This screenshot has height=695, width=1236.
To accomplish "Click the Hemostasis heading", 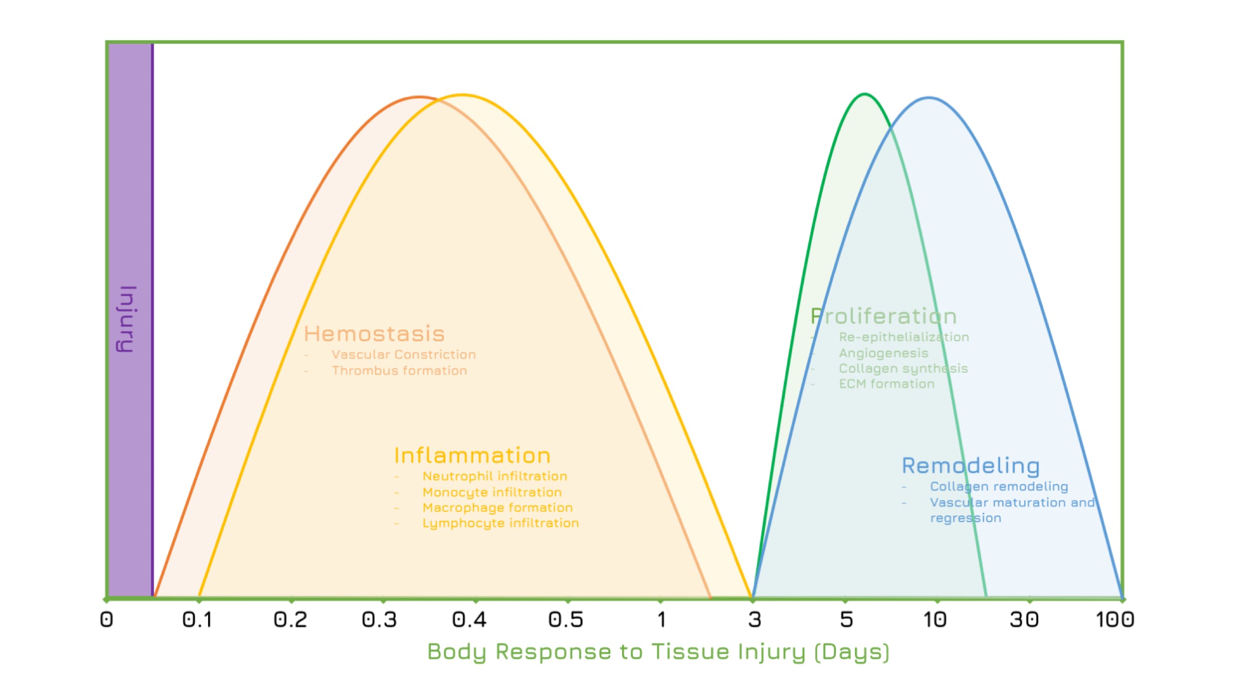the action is [x=374, y=334].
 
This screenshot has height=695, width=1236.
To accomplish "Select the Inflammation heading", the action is [x=472, y=456].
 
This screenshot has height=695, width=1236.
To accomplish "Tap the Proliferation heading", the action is [x=884, y=316].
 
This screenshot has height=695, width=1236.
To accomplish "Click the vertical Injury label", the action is [x=127, y=319].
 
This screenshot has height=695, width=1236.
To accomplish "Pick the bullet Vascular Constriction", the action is [x=404, y=355].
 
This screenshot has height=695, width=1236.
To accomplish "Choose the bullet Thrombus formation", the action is [x=400, y=371].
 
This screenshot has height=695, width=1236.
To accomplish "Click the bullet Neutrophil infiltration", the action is [x=495, y=477].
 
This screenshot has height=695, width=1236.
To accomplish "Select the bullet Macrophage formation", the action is [x=497, y=508].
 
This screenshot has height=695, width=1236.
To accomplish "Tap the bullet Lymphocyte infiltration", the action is [x=501, y=524].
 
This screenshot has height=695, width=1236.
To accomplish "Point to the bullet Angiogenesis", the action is [x=884, y=354].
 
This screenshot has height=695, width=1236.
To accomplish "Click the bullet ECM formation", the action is [x=887, y=384].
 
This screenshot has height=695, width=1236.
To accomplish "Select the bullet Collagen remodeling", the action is [x=999, y=487].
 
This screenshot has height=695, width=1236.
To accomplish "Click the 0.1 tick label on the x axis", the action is [x=197, y=620].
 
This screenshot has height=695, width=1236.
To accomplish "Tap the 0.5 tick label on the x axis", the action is [x=566, y=620].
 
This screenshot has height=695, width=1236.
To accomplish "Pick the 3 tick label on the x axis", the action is [x=754, y=620].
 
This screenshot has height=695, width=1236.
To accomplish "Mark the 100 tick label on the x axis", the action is [x=1115, y=620].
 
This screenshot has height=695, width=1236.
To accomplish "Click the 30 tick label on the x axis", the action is [x=1024, y=620].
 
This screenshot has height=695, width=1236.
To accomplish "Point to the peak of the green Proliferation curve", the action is [x=865, y=94].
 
